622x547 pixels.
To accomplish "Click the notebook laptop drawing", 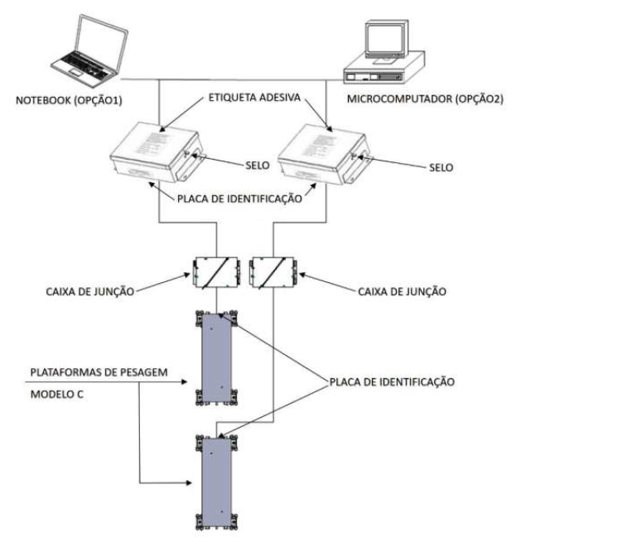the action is [89, 50].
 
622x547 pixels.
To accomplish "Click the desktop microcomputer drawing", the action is [383, 53].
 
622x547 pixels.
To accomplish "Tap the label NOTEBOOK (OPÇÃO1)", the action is [69, 100].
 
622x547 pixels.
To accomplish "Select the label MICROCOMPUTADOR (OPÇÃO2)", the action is [425, 99].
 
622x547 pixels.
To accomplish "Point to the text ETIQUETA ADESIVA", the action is [254, 98].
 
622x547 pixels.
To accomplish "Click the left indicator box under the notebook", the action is [157, 152].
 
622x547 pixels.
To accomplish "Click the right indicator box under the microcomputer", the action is [325, 154].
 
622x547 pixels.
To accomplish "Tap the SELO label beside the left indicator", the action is [258, 166].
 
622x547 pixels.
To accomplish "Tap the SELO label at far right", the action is [441, 168].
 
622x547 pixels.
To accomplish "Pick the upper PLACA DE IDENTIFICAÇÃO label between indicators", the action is [239, 199].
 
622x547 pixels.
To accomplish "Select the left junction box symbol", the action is [216, 273].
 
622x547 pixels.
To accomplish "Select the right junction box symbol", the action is [273, 273].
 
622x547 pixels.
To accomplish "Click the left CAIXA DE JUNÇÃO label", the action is [90, 292].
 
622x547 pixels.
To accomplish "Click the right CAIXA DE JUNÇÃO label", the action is [402, 292].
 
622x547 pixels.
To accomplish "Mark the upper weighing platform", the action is [217, 358].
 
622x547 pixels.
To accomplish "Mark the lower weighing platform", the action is [217, 482].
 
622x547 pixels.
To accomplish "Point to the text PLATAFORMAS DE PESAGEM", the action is [99, 372].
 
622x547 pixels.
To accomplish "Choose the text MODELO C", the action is [57, 395].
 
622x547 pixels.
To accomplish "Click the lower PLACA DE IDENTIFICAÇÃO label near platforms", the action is [392, 382].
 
